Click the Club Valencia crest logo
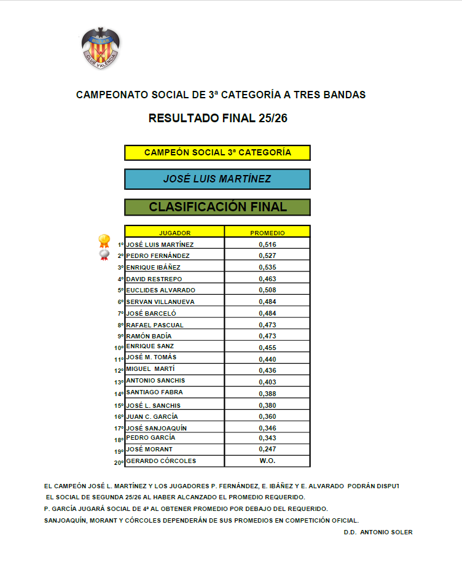pos(101,47)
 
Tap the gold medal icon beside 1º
pos(104,240)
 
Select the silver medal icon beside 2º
pos(104,254)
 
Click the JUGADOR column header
pos(174,233)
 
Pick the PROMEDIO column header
pos(267,233)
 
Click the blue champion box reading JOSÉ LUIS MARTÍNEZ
pos(217,179)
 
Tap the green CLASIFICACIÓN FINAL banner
pos(217,207)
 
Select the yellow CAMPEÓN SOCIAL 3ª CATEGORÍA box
pos(217,152)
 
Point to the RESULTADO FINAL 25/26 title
pos(218,119)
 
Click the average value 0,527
pos(267,255)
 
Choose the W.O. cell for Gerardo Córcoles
pos(267,461)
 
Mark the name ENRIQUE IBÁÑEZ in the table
pos(154,267)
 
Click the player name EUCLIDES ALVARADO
pos(160,290)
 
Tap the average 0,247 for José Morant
pos(267,450)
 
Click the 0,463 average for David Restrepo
pos(267,279)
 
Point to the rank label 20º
pos(119,462)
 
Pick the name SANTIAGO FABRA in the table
pos(154,392)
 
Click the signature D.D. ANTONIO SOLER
pos(378,532)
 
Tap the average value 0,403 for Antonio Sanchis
pos(267,382)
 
